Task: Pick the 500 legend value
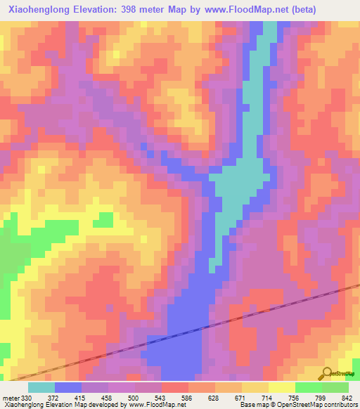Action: [143, 396]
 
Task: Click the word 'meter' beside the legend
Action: [9, 396]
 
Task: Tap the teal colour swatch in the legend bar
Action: [41, 387]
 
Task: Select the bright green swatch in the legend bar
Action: [308, 387]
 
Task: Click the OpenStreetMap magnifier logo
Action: [326, 373]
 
